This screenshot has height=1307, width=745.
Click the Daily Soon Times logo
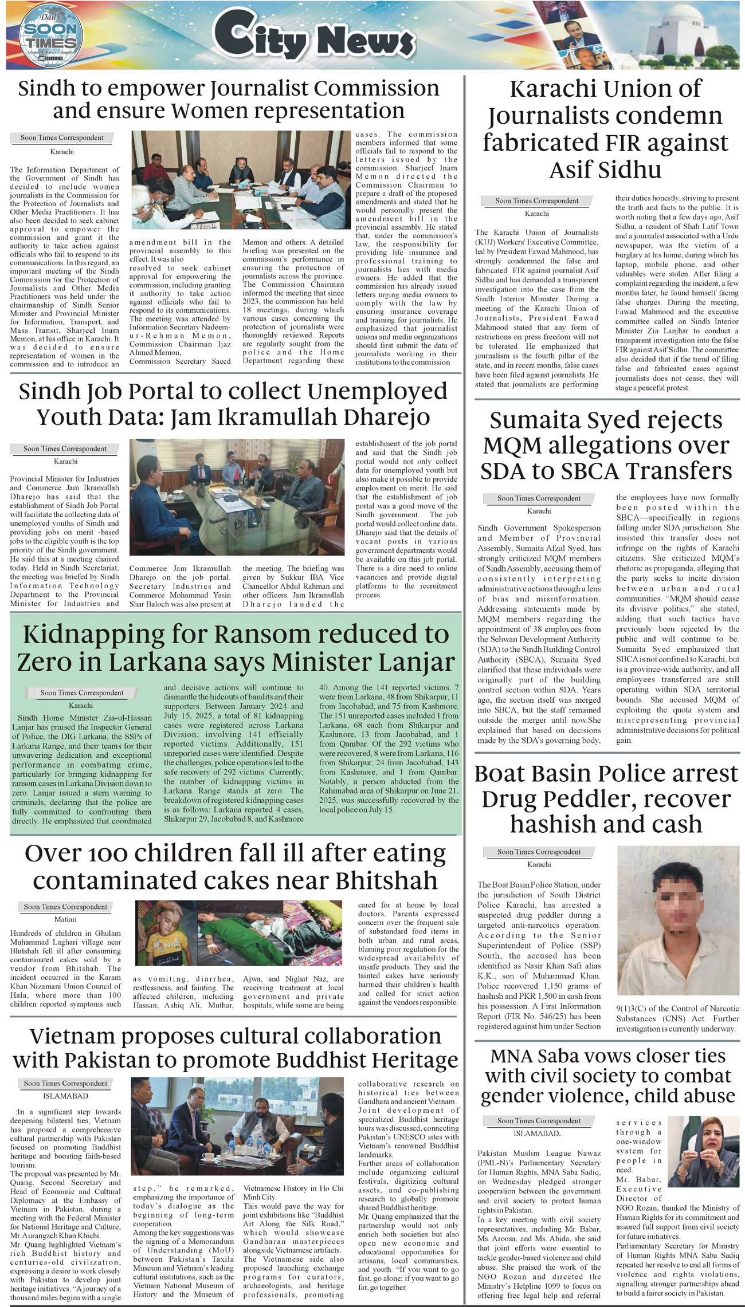click(51, 36)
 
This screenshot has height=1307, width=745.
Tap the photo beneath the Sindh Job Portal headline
click(237, 497)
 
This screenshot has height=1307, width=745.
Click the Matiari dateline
click(66, 919)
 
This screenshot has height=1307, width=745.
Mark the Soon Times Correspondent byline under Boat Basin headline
click(539, 852)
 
